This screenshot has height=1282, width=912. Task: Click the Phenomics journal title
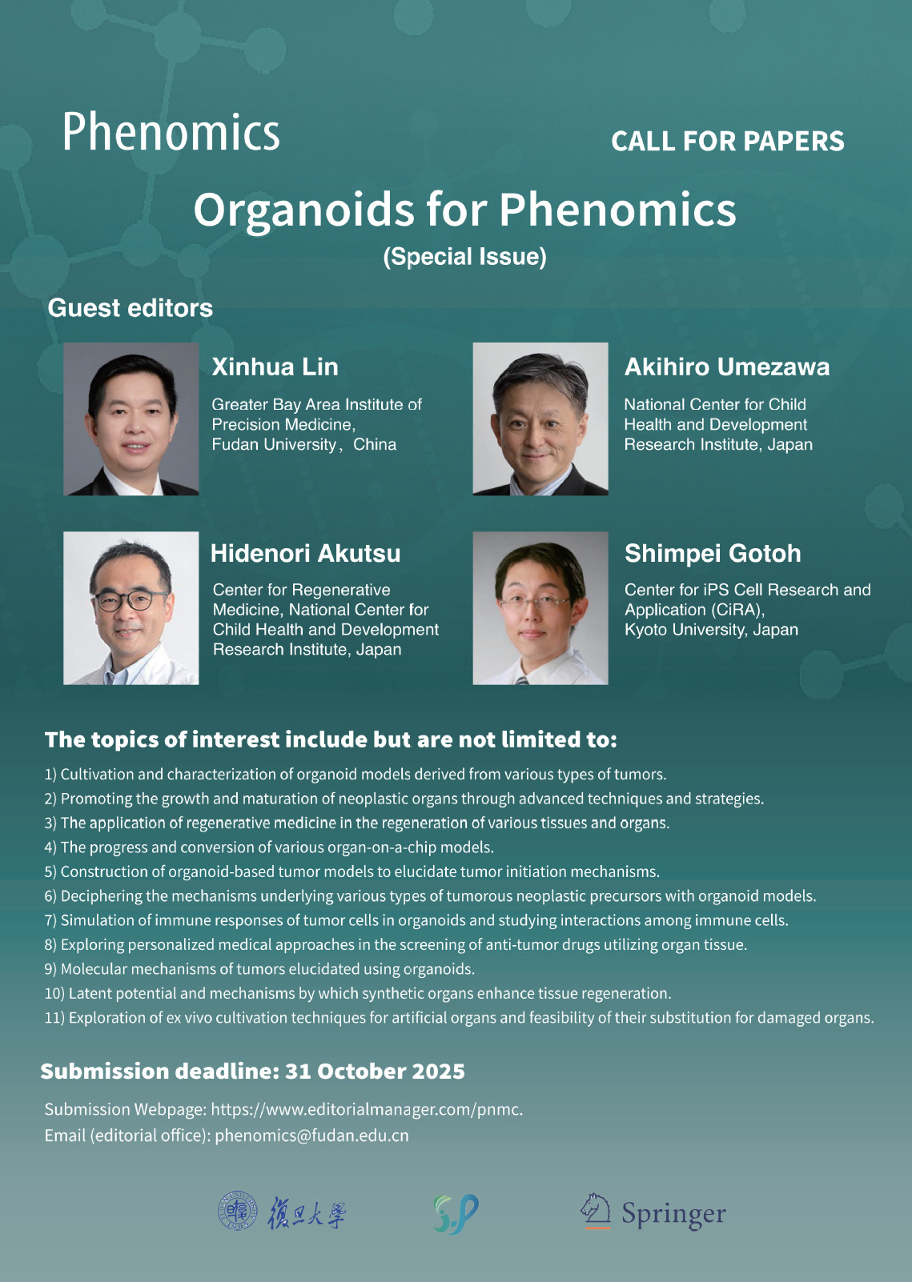171,132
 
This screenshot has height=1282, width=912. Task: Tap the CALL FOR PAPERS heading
728,142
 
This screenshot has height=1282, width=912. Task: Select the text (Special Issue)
465,256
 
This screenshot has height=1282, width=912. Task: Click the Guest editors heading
130,308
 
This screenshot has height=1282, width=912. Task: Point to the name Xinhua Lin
275,367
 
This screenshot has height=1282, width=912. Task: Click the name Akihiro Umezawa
726,367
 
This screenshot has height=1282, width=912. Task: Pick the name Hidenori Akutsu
306,554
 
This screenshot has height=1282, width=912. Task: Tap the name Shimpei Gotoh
713,554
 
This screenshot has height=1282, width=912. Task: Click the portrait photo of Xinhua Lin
131,419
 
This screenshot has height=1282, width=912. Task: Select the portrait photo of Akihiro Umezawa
540,419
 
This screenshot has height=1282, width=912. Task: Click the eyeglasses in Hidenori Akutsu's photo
131,600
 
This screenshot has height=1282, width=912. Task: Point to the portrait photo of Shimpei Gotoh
540,608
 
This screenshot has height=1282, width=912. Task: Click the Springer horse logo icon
597,1211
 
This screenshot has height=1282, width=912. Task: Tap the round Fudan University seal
238,1211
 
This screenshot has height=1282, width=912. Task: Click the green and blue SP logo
456,1214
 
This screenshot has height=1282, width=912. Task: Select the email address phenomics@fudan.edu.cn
312,1136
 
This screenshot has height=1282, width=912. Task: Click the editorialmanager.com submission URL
367,1109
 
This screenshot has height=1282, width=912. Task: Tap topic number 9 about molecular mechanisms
260,969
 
